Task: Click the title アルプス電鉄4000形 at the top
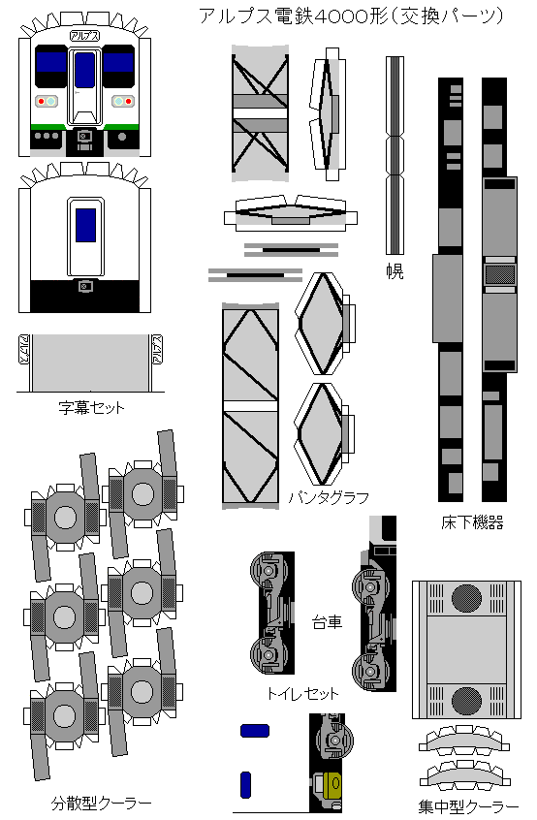[x=294, y=16]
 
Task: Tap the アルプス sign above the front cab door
[x=84, y=37]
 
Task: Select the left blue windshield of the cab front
[x=51, y=62]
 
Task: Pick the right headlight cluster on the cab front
[x=123, y=101]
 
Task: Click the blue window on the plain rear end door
[x=85, y=225]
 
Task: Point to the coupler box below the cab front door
[x=84, y=137]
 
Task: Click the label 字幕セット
[x=91, y=407]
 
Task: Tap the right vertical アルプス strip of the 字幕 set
[x=156, y=350]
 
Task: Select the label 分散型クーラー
[x=101, y=803]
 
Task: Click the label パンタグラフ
[x=329, y=497]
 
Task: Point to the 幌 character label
[x=395, y=270]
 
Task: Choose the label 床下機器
[x=472, y=522]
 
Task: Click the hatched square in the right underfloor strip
[x=500, y=274]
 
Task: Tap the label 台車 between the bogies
[x=327, y=622]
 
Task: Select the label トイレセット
[x=302, y=693]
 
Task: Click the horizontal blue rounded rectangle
[x=255, y=731]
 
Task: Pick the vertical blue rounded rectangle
[x=246, y=785]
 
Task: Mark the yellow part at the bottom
[x=332, y=783]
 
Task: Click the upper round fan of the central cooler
[x=466, y=598]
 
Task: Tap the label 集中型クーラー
[x=468, y=807]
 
